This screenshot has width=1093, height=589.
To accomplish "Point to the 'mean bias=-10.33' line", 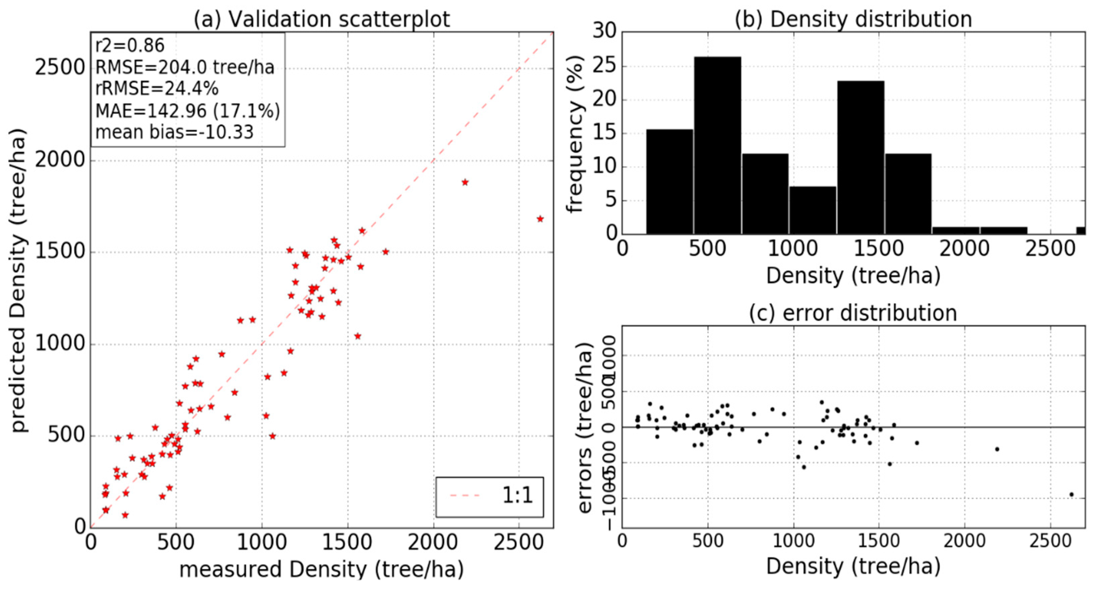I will [174, 132].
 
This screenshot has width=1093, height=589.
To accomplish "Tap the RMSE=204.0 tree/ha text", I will [185, 67].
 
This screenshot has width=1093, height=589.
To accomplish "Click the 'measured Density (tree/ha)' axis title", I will [321, 570].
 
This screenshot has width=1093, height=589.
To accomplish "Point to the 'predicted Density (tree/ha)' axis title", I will [19, 280].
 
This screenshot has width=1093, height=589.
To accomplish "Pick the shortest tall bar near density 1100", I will [813, 210].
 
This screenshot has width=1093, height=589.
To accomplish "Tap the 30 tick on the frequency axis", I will [604, 31].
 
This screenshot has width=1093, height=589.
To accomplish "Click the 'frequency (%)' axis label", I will [575, 134].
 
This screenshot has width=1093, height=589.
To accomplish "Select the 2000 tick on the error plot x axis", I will [964, 541].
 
